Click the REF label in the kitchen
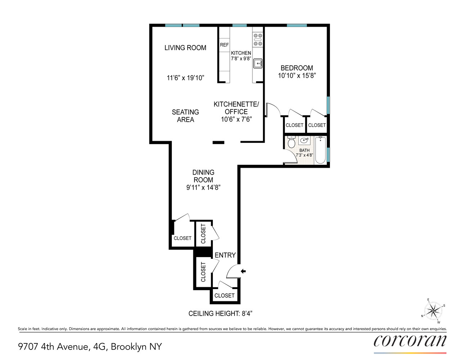(x=224, y=45)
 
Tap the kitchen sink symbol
(x=258, y=64)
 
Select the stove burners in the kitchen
(x=258, y=40)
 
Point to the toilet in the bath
(x=291, y=143)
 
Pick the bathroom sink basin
(x=305, y=140)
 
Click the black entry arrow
(x=243, y=271)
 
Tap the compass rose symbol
(x=433, y=311)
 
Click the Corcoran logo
(x=410, y=341)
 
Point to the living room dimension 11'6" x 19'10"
(x=185, y=78)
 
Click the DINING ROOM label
(x=203, y=176)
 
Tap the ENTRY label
(x=225, y=255)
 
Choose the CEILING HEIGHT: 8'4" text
(x=220, y=314)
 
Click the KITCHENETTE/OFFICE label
(x=236, y=108)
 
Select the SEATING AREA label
(x=185, y=116)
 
